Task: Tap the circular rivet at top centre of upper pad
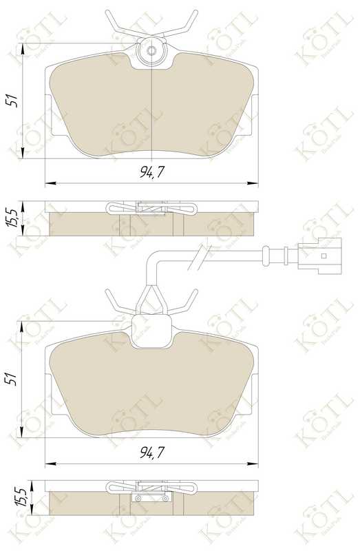coord(151,50)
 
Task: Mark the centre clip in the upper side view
coord(151,207)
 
